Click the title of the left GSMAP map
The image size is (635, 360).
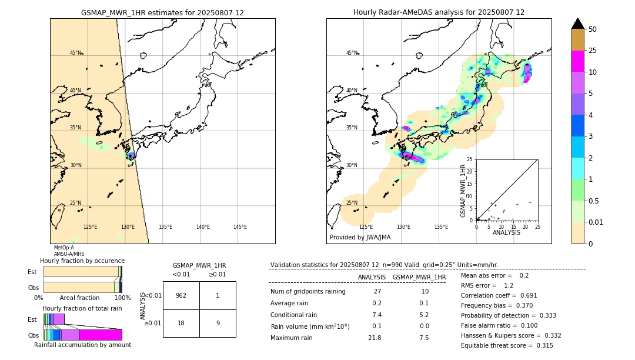pos(162,12)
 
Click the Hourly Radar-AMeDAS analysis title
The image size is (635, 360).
pos(439,12)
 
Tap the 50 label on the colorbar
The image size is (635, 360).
pos(593,29)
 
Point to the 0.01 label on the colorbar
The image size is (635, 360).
pos(596,222)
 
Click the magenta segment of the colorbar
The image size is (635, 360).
pos(577,61)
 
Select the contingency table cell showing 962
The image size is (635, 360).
pos(181,295)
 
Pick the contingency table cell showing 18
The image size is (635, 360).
pos(181,322)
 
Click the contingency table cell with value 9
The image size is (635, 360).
pos(218,322)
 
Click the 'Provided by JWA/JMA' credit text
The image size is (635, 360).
pos(360,238)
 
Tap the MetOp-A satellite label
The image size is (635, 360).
pos(64,248)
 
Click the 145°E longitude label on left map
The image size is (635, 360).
pos(240,227)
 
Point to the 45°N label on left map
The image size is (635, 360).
pos(75,53)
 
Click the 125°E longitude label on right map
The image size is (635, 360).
pos(366,227)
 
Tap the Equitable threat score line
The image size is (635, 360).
pos(507,345)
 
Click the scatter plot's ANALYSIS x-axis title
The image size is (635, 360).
pos(506,232)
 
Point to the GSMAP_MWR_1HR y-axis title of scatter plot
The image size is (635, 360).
pos(463,191)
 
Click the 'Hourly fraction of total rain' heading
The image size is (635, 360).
pos(82,308)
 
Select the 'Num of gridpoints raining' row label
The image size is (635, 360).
pos(308,291)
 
